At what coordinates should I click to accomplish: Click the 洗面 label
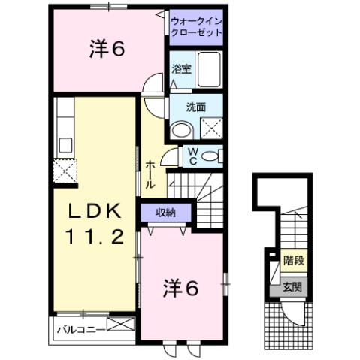click(x=195, y=107)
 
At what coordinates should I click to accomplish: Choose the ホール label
click(x=150, y=174)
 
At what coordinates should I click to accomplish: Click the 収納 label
click(x=165, y=213)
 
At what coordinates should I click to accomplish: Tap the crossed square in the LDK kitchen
click(x=65, y=170)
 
